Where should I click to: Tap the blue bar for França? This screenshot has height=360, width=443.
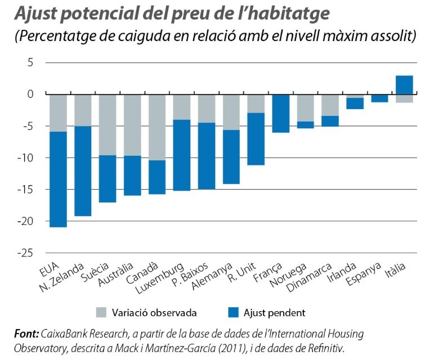pos(281,113)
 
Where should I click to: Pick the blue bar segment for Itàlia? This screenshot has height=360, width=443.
pos(404,84)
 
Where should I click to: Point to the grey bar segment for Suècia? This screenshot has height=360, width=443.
pos(108,124)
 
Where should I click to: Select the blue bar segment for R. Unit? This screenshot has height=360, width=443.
pos(256,139)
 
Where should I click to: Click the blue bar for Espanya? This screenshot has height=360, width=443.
pos(379,98)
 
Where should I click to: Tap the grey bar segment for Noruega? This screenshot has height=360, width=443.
pos(306,107)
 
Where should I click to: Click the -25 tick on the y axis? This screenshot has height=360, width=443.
pos(27,253)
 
